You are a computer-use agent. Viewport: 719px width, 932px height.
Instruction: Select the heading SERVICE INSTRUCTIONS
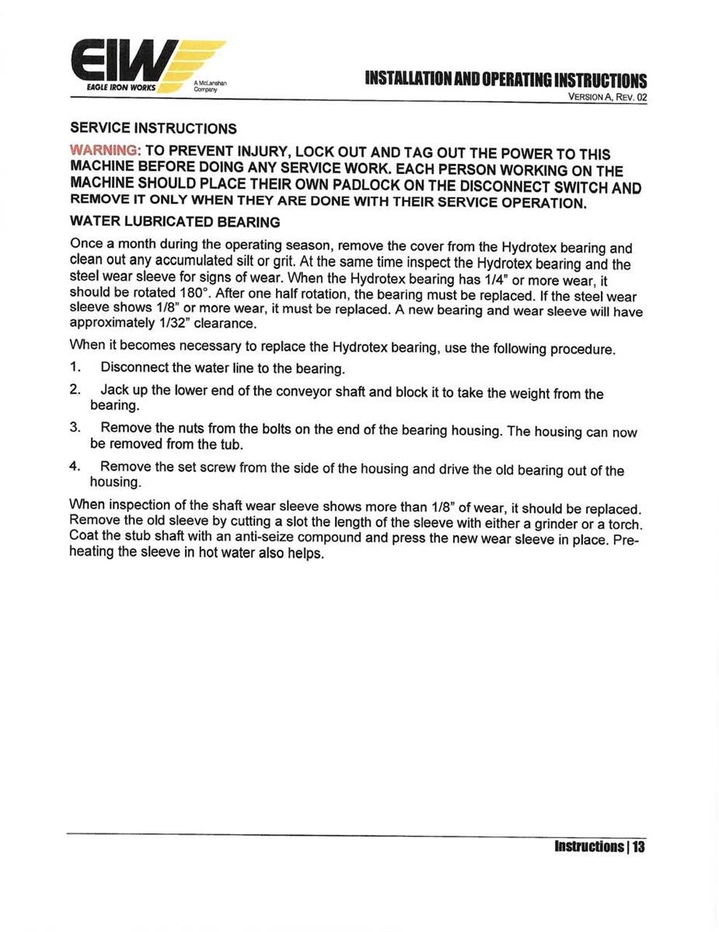point(153,127)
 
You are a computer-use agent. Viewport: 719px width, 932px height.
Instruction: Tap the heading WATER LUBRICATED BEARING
point(175,222)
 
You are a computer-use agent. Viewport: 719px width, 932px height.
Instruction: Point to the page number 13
point(638,846)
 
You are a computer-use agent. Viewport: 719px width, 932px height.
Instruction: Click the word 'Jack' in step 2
point(113,391)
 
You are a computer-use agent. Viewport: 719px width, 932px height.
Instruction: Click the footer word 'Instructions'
point(588,846)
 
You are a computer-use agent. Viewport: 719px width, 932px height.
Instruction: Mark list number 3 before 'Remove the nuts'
point(75,428)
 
